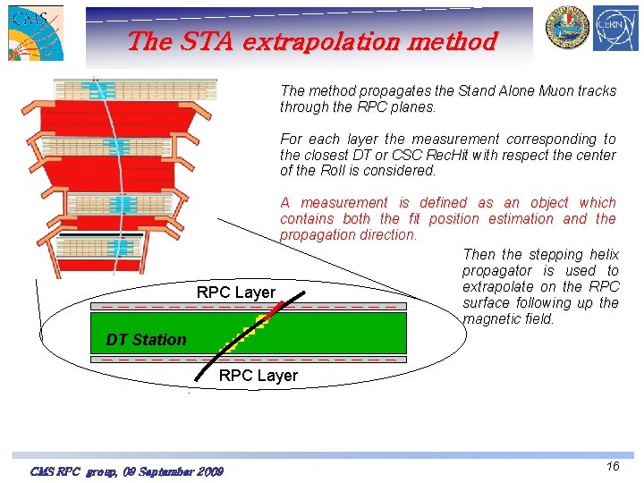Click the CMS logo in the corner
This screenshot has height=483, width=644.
(x=36, y=33)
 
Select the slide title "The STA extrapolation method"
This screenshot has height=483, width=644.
(x=311, y=42)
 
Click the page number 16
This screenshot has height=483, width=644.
(x=612, y=466)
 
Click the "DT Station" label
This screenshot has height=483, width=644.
(x=146, y=340)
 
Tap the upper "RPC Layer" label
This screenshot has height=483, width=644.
(x=236, y=292)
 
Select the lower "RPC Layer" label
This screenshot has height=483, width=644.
(x=258, y=376)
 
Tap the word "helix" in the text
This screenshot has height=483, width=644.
(x=601, y=255)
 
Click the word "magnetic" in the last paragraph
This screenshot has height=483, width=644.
(x=492, y=319)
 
